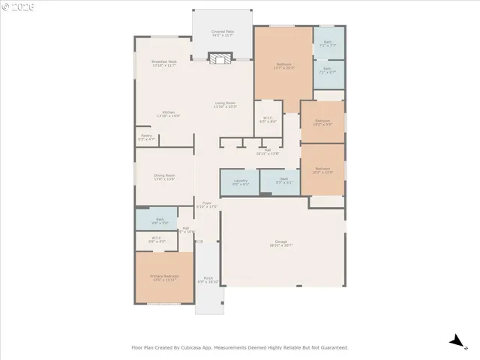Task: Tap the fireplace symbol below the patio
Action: pyautogui.click(x=219, y=59)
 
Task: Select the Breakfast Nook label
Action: pyautogui.click(x=163, y=63)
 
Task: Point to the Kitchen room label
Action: pyautogui.click(x=169, y=114)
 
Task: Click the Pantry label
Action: pyautogui.click(x=146, y=137)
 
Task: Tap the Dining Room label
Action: pyautogui.click(x=164, y=177)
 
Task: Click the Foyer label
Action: pyautogui.click(x=206, y=204)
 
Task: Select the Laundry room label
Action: pyautogui.click(x=240, y=182)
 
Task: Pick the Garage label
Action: pyautogui.click(x=281, y=243)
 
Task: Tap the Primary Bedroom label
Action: pyautogui.click(x=164, y=277)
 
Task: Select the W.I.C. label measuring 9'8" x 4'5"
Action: pyautogui.click(x=156, y=239)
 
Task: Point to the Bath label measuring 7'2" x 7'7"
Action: pyautogui.click(x=328, y=43)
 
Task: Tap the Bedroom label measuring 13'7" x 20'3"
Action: pyautogui.click(x=283, y=66)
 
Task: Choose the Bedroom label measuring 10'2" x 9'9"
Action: pyautogui.click(x=322, y=122)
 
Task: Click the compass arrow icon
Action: pyautogui.click(x=454, y=341)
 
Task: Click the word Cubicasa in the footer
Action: pyautogui.click(x=214, y=347)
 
